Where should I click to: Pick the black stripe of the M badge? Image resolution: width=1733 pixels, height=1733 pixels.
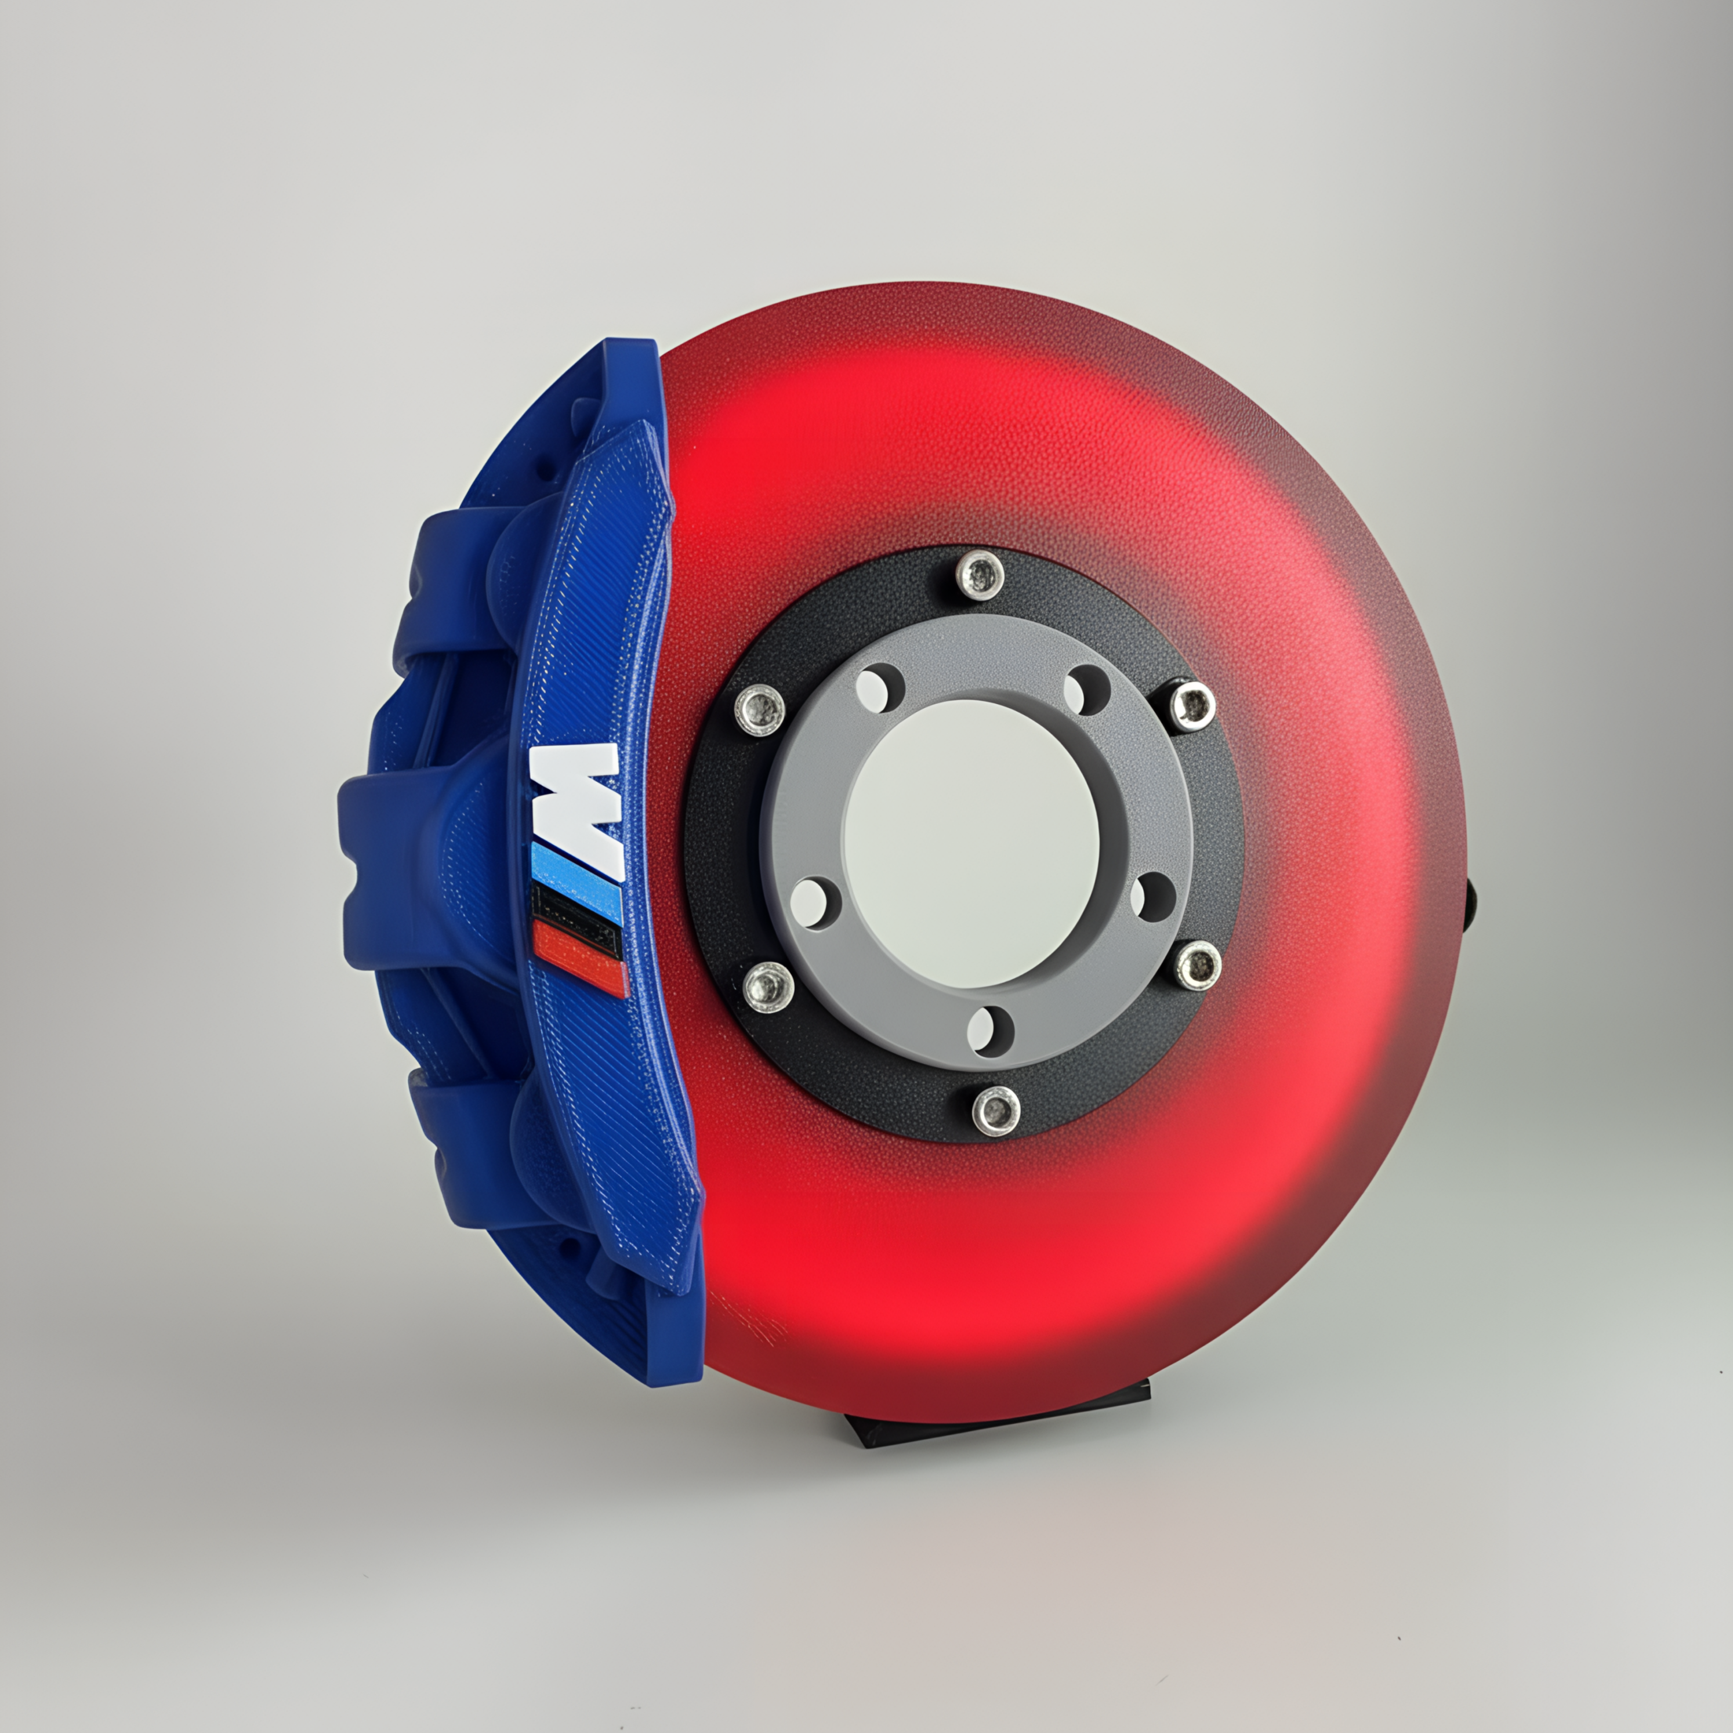[577, 912]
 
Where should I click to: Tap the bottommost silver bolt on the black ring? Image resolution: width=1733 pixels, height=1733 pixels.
[996, 1111]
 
